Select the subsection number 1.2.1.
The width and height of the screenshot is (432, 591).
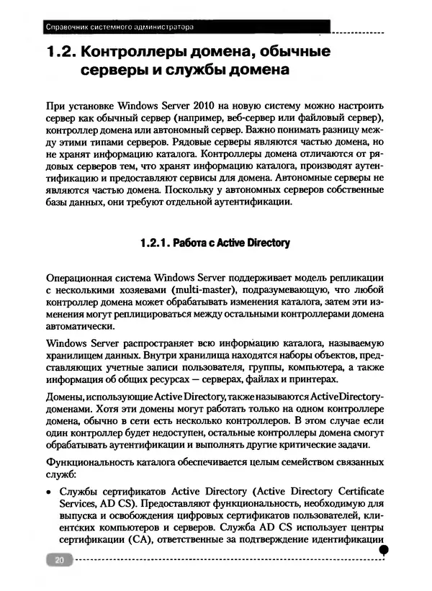161,243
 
